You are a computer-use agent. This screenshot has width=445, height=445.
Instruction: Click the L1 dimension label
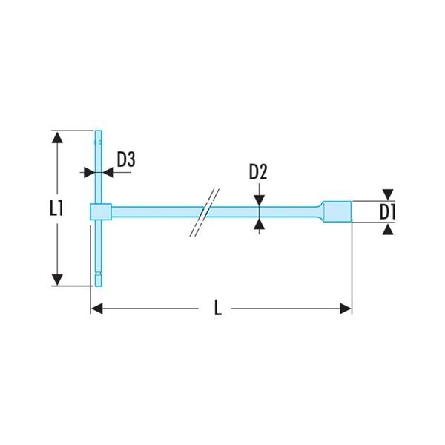pyautogui.click(x=56, y=208)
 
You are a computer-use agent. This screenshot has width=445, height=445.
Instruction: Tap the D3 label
pyautogui.click(x=126, y=159)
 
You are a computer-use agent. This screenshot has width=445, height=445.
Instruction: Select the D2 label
pyautogui.click(x=258, y=172)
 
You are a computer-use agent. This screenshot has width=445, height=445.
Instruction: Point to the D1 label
pyautogui.click(x=387, y=212)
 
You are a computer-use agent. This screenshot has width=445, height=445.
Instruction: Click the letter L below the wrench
pyautogui.click(x=217, y=308)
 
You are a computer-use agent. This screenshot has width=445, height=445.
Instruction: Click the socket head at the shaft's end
pyautogui.click(x=337, y=211)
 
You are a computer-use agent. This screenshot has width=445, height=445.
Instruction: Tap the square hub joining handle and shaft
pyautogui.click(x=101, y=211)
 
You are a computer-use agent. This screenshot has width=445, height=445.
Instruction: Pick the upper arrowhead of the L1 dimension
pyautogui.click(x=58, y=137)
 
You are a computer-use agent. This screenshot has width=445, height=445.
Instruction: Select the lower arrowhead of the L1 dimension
pyautogui.click(x=58, y=280)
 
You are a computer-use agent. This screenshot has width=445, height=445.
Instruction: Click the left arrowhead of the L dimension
pyautogui.click(x=96, y=309)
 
